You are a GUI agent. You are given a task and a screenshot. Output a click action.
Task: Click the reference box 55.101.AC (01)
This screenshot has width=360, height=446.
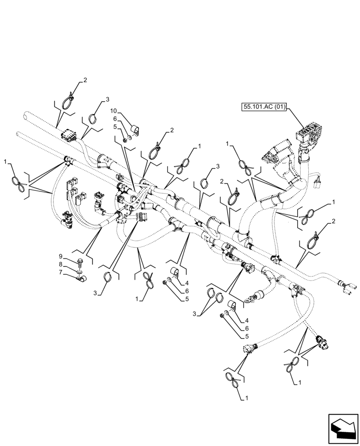(x=264, y=107)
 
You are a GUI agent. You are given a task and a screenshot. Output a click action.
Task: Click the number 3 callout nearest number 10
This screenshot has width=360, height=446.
(x=107, y=98)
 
